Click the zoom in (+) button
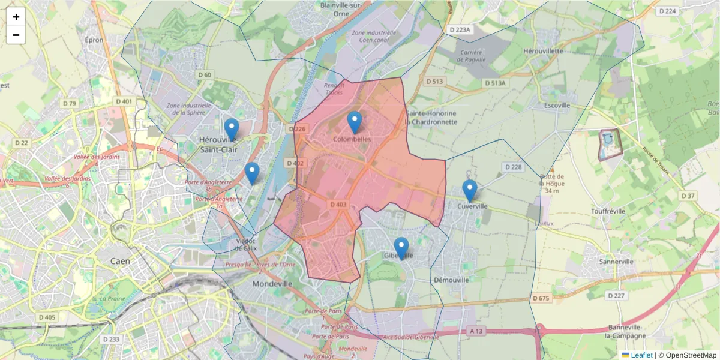pos(16,17)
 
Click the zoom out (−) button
pos(16,35)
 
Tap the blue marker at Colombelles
pos(355,122)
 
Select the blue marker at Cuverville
pos(470,191)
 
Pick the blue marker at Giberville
pos(401,248)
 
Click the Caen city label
pos(121,261)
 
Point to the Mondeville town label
pos(272,284)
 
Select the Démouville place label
pos(451,280)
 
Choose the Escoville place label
pos(556,105)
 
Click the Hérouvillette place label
pos(543,51)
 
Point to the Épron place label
pos(95,40)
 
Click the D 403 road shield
pos(338,205)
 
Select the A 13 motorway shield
pos(476,331)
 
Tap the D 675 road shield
pos(541,298)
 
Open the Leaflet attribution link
pos(641,355)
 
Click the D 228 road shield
pos(514,167)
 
